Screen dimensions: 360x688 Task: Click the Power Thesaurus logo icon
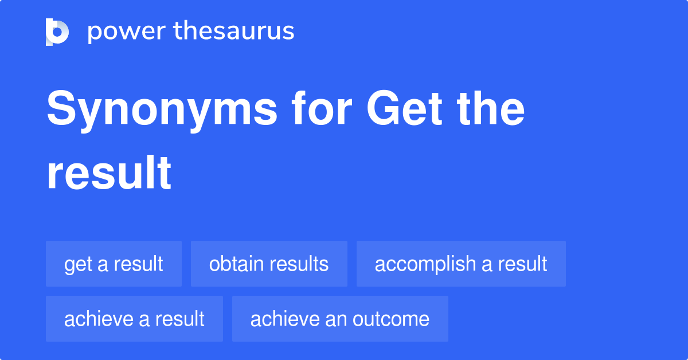57,32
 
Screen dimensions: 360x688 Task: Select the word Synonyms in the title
162,110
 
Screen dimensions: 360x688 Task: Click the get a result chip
114,264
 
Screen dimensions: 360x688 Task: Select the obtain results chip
269,264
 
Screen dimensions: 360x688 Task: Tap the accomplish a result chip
461,264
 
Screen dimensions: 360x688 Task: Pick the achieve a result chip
134,319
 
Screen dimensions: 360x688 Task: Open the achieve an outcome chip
340,319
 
